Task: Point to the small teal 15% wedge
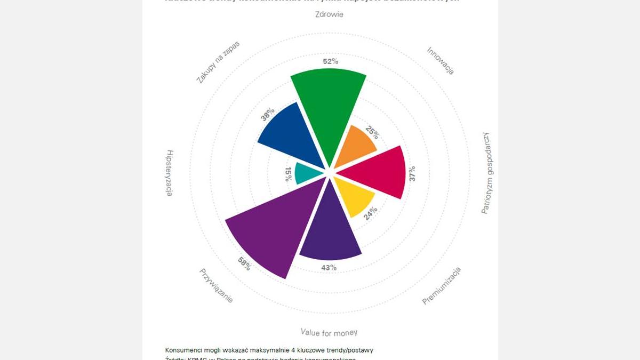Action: coord(307,173)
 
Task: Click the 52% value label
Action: coord(331,61)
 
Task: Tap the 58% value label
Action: coord(244,263)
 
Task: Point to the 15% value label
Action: coord(288,174)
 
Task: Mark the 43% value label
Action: coord(329,268)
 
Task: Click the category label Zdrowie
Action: coord(330,14)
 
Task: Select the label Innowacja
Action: coord(441,60)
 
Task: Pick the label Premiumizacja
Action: coord(442,286)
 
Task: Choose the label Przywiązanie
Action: coord(216,285)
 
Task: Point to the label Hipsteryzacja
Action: coord(169,173)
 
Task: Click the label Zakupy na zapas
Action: coord(218,62)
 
